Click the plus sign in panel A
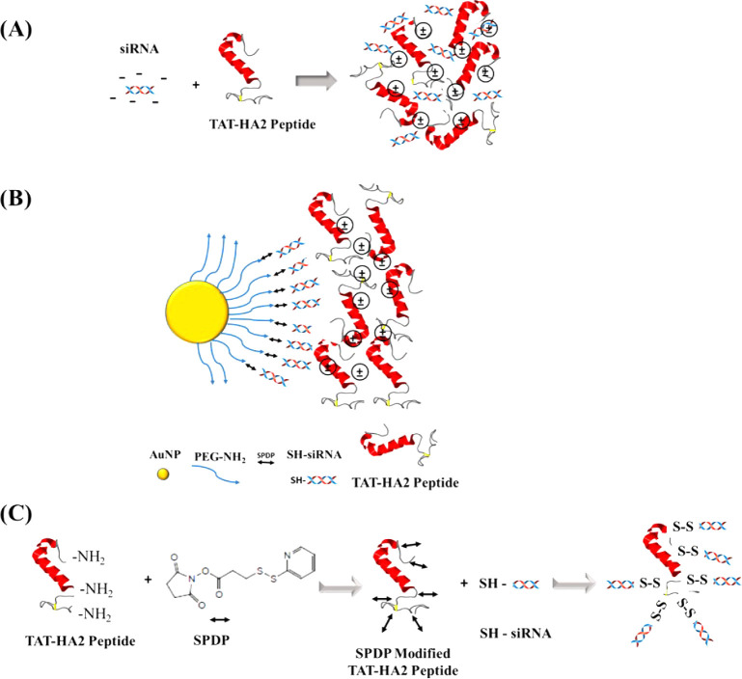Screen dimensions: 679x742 (197, 85)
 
